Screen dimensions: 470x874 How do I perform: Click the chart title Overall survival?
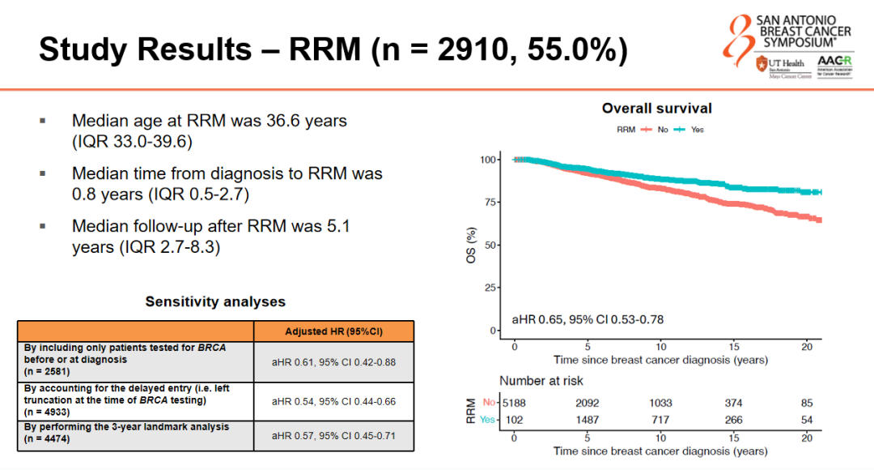click(x=656, y=109)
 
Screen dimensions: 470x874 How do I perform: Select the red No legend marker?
click(x=647, y=130)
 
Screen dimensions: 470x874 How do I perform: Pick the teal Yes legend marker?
click(x=679, y=130)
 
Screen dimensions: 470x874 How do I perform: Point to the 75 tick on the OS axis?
click(x=489, y=203)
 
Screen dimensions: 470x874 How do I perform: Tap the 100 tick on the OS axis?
click(x=486, y=160)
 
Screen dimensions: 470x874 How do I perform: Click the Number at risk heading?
click(x=541, y=381)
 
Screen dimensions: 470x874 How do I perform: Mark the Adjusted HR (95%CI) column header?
click(x=333, y=331)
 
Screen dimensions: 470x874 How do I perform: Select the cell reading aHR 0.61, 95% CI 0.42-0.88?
click(x=333, y=361)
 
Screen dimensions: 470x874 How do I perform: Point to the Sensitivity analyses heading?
click(x=215, y=301)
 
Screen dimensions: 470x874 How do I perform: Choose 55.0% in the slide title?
click(x=577, y=50)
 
